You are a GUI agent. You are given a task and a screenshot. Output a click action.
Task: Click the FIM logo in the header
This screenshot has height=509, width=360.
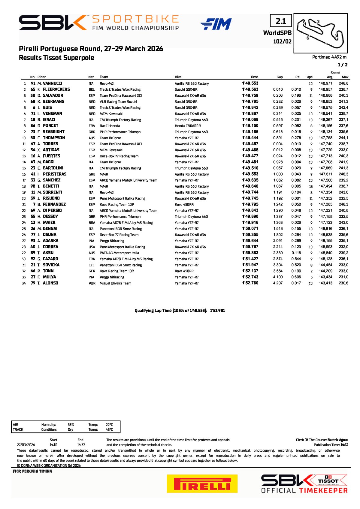coord(216,24)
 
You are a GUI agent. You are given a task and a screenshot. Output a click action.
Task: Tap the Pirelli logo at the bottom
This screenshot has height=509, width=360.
coord(202,483)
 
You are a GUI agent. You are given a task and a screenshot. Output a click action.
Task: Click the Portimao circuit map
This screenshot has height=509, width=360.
coord(320,33)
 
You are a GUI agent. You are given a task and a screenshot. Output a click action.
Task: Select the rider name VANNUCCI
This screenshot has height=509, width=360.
coord(53,83)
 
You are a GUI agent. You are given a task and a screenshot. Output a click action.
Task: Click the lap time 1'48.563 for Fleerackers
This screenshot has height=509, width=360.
coord(250,89)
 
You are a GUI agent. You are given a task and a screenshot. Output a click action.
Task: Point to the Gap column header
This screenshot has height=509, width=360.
coord(280,77)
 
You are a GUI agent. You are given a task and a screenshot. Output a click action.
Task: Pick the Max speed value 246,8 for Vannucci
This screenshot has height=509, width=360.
coord(343,83)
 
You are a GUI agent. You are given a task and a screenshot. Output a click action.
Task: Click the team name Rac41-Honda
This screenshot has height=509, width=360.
coord(110,126)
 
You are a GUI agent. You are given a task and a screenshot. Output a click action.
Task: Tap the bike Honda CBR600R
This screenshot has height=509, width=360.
coord(188,126)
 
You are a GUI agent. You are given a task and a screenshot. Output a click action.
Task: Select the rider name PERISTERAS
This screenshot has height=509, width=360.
coord(55,174)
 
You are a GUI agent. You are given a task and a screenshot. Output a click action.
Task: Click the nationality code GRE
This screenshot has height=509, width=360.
coord(92,174)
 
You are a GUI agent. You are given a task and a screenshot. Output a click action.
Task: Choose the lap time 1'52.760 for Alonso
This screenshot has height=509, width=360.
coord(250,283)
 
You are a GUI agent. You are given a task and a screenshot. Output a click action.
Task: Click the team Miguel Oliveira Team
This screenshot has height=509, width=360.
coord(115,283)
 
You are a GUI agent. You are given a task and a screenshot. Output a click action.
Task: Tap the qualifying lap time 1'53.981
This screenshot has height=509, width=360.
coord(217,311)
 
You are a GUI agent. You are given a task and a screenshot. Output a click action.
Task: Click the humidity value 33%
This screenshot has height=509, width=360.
coord(71,425)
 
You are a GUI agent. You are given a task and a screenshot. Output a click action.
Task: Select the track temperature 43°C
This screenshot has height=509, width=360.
coord(109,429)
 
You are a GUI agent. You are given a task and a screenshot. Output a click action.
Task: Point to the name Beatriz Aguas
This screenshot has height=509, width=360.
coord(338,440)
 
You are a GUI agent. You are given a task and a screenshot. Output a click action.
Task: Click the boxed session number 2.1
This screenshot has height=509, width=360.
coord(281,21)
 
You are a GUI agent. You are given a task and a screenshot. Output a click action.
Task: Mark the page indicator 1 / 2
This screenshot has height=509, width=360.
coord(343,65)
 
